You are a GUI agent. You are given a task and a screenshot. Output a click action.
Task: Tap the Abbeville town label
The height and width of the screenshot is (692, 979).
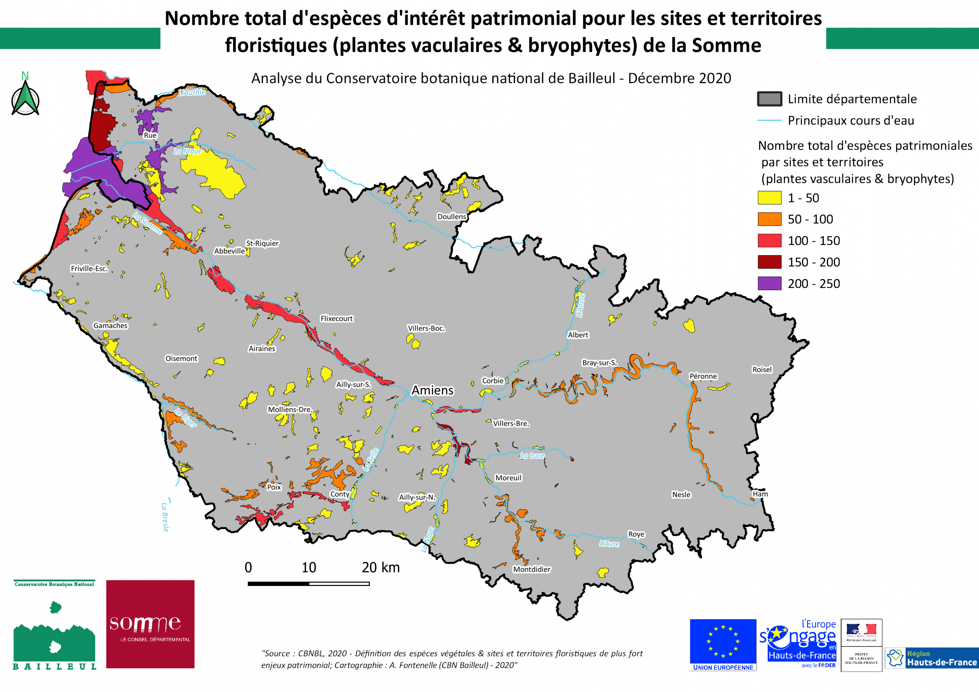pyautogui.click(x=230, y=251)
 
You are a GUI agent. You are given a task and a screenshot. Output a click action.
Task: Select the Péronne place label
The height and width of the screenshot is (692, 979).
pyautogui.click(x=703, y=376)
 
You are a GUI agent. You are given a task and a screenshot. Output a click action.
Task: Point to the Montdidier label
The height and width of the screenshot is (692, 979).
pyautogui.click(x=531, y=569)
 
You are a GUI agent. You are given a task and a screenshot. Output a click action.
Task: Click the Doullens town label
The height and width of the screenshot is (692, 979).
pyautogui.click(x=452, y=217)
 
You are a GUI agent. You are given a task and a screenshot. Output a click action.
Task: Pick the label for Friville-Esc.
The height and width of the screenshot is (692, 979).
pyautogui.click(x=89, y=268)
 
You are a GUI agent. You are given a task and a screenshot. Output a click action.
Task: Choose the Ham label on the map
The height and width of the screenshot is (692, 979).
pyautogui.click(x=760, y=494)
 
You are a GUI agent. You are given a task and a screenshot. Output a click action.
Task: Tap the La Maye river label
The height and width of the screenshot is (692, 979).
pyautogui.click(x=188, y=151)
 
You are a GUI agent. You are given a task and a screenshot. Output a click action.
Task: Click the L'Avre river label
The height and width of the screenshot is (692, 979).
pyautogui.click(x=609, y=544)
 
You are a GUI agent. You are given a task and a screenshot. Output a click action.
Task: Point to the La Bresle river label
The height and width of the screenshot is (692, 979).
pyautogui.click(x=165, y=517)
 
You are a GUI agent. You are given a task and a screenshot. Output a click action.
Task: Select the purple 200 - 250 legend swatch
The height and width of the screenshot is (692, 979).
pyautogui.click(x=769, y=283)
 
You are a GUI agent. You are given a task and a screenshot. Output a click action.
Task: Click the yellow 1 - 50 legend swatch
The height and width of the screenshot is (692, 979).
pyautogui.click(x=769, y=198)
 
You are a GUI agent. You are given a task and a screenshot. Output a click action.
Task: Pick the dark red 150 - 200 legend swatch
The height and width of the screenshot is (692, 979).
pyautogui.click(x=769, y=262)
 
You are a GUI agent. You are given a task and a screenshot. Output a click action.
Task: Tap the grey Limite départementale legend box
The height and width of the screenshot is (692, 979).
pyautogui.click(x=769, y=99)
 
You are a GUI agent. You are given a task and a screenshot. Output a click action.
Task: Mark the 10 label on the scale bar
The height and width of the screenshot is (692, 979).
pyautogui.click(x=309, y=568)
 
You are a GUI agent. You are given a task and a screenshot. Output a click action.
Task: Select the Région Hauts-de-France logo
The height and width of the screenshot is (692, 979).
pyautogui.click(x=932, y=658)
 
